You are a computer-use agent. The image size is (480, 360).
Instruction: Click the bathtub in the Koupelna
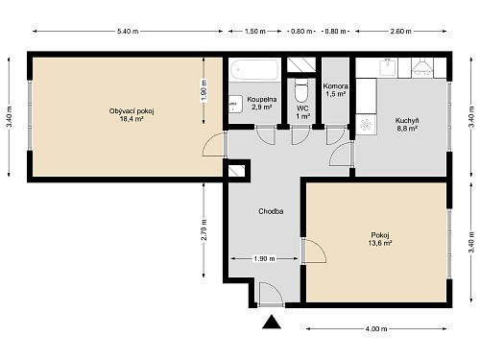(x=254, y=69)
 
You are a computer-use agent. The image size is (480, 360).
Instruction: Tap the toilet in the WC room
(x=300, y=90)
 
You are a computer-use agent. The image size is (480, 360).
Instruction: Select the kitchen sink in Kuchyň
(x=387, y=67)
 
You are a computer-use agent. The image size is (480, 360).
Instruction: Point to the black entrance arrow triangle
(x=272, y=322)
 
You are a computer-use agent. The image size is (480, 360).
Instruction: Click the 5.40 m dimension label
(x=128, y=31)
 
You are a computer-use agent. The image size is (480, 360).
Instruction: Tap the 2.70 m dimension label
(x=204, y=229)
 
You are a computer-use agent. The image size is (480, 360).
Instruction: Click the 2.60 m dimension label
(x=400, y=31)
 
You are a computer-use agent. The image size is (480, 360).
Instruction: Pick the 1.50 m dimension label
(x=255, y=31)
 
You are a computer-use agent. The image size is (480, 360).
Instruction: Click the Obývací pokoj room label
(x=132, y=111)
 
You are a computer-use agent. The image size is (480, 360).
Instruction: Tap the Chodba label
(x=271, y=211)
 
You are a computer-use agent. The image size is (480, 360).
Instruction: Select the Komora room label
(x=335, y=86)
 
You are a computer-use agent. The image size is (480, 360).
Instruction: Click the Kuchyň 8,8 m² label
(x=407, y=125)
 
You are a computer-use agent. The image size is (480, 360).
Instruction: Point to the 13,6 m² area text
(x=380, y=243)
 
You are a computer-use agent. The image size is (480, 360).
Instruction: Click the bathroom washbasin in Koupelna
(x=235, y=104)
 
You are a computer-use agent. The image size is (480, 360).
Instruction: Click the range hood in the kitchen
(x=422, y=66)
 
